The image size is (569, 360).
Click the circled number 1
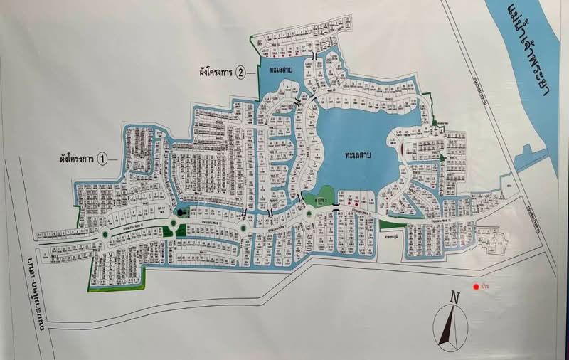[102, 159]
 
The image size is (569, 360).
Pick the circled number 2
[241, 72]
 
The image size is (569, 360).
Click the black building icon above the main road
[181, 211]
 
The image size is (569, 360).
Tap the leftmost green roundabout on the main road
[105, 233]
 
